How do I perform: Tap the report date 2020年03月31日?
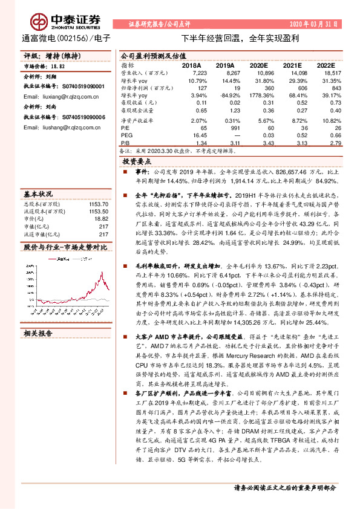tap(316, 25)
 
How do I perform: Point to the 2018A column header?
tap(191, 65)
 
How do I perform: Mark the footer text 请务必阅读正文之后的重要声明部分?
tap(284, 487)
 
